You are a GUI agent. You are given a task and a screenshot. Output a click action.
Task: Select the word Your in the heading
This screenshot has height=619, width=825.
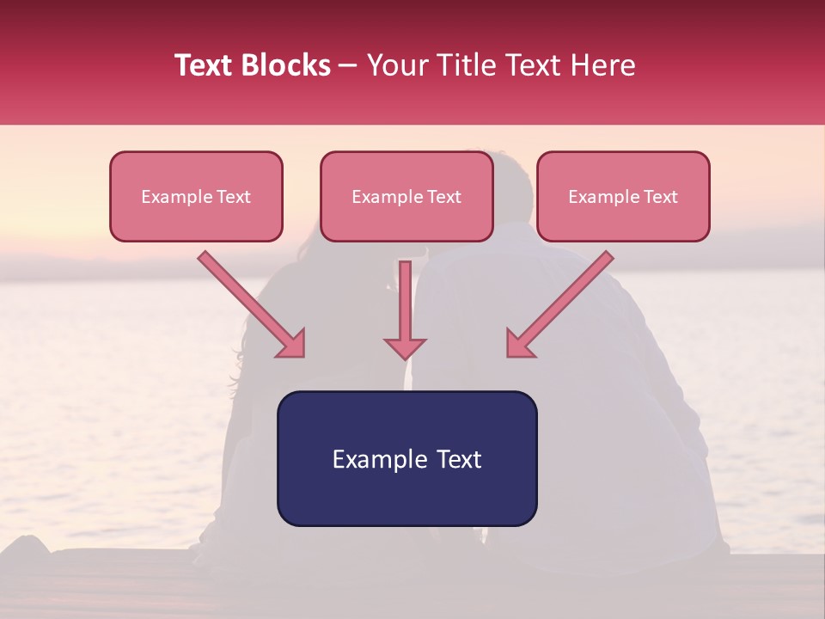click(394, 65)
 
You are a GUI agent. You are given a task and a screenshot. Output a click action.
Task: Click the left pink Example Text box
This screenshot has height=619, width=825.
click(196, 196)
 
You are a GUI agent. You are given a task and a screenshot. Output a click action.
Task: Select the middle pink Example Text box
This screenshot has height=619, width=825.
click(406, 196)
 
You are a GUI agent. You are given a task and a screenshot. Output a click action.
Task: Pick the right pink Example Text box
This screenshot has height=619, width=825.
click(623, 196)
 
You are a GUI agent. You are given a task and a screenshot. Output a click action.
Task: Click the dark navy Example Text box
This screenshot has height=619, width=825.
click(406, 458)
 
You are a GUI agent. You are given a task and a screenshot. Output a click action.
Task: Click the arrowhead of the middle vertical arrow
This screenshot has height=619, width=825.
click(405, 347)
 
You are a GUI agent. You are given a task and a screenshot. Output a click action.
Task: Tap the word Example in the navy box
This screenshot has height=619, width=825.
click(379, 459)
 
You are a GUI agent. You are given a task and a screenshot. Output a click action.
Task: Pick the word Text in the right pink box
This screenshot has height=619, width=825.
click(661, 197)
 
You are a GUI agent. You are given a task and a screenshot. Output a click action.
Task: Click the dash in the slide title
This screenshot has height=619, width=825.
click(349, 66)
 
